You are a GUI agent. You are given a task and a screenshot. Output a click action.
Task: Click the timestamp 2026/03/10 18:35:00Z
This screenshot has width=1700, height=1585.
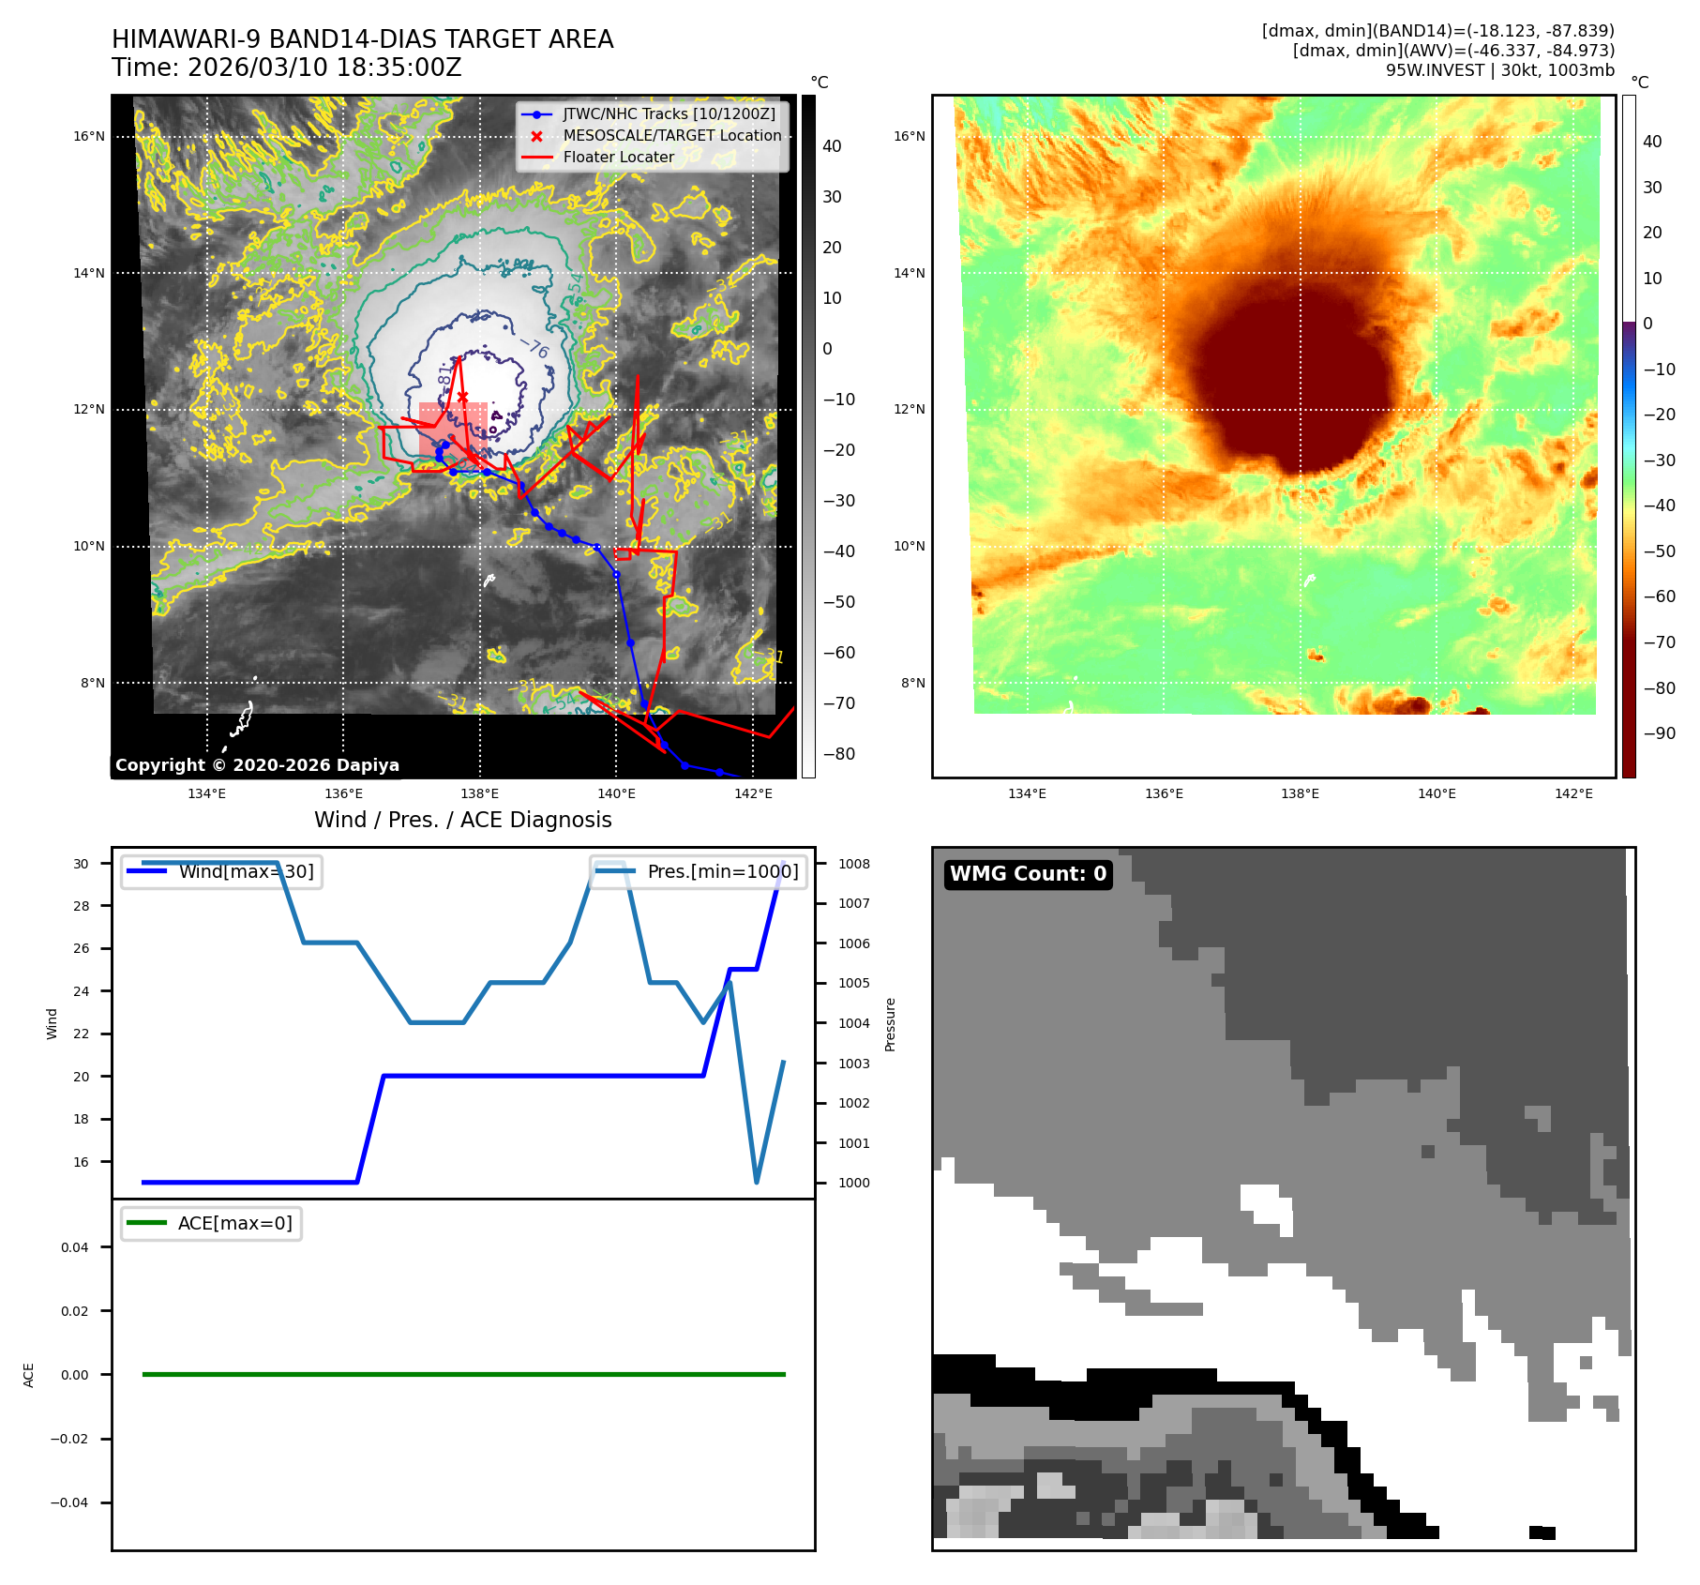tap(324, 68)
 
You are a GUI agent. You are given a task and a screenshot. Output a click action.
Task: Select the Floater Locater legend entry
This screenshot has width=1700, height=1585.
tap(618, 158)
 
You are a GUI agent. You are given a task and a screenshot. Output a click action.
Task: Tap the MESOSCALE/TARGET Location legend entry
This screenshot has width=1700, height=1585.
tap(671, 136)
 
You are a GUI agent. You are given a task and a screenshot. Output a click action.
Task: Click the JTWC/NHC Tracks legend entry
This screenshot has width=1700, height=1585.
tap(669, 114)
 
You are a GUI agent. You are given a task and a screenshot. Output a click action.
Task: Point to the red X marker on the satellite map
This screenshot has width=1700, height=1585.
tap(462, 397)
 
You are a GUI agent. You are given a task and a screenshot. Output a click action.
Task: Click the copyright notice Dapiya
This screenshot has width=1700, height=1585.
tap(257, 765)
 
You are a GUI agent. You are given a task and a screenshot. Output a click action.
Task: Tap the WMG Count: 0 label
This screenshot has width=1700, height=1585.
tap(1028, 874)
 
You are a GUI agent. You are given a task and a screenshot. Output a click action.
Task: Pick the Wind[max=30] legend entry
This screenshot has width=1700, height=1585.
tap(246, 872)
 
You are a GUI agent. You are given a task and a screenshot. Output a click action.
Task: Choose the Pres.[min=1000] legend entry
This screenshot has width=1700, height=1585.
tap(722, 872)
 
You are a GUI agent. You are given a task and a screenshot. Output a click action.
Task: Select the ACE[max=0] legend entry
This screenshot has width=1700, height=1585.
tap(234, 1224)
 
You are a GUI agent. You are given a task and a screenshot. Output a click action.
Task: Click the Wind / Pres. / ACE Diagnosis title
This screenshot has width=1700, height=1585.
tap(462, 821)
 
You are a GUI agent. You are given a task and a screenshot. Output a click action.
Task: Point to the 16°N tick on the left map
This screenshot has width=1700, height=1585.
tap(89, 137)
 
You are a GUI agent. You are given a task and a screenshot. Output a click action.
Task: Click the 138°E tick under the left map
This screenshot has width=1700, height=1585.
tap(480, 794)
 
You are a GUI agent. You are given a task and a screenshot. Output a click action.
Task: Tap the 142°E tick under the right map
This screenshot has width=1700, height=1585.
tap(1573, 794)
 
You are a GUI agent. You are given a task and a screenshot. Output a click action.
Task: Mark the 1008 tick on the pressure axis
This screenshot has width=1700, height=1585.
tap(854, 864)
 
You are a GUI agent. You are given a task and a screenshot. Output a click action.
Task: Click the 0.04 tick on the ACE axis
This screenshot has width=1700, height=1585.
tap(75, 1247)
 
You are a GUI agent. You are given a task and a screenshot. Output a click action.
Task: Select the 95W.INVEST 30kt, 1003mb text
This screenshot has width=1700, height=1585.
tap(1500, 70)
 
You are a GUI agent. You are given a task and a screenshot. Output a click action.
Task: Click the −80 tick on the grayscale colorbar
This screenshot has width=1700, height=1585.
tap(839, 754)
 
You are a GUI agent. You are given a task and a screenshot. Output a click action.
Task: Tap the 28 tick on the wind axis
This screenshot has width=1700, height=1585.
tap(82, 906)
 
